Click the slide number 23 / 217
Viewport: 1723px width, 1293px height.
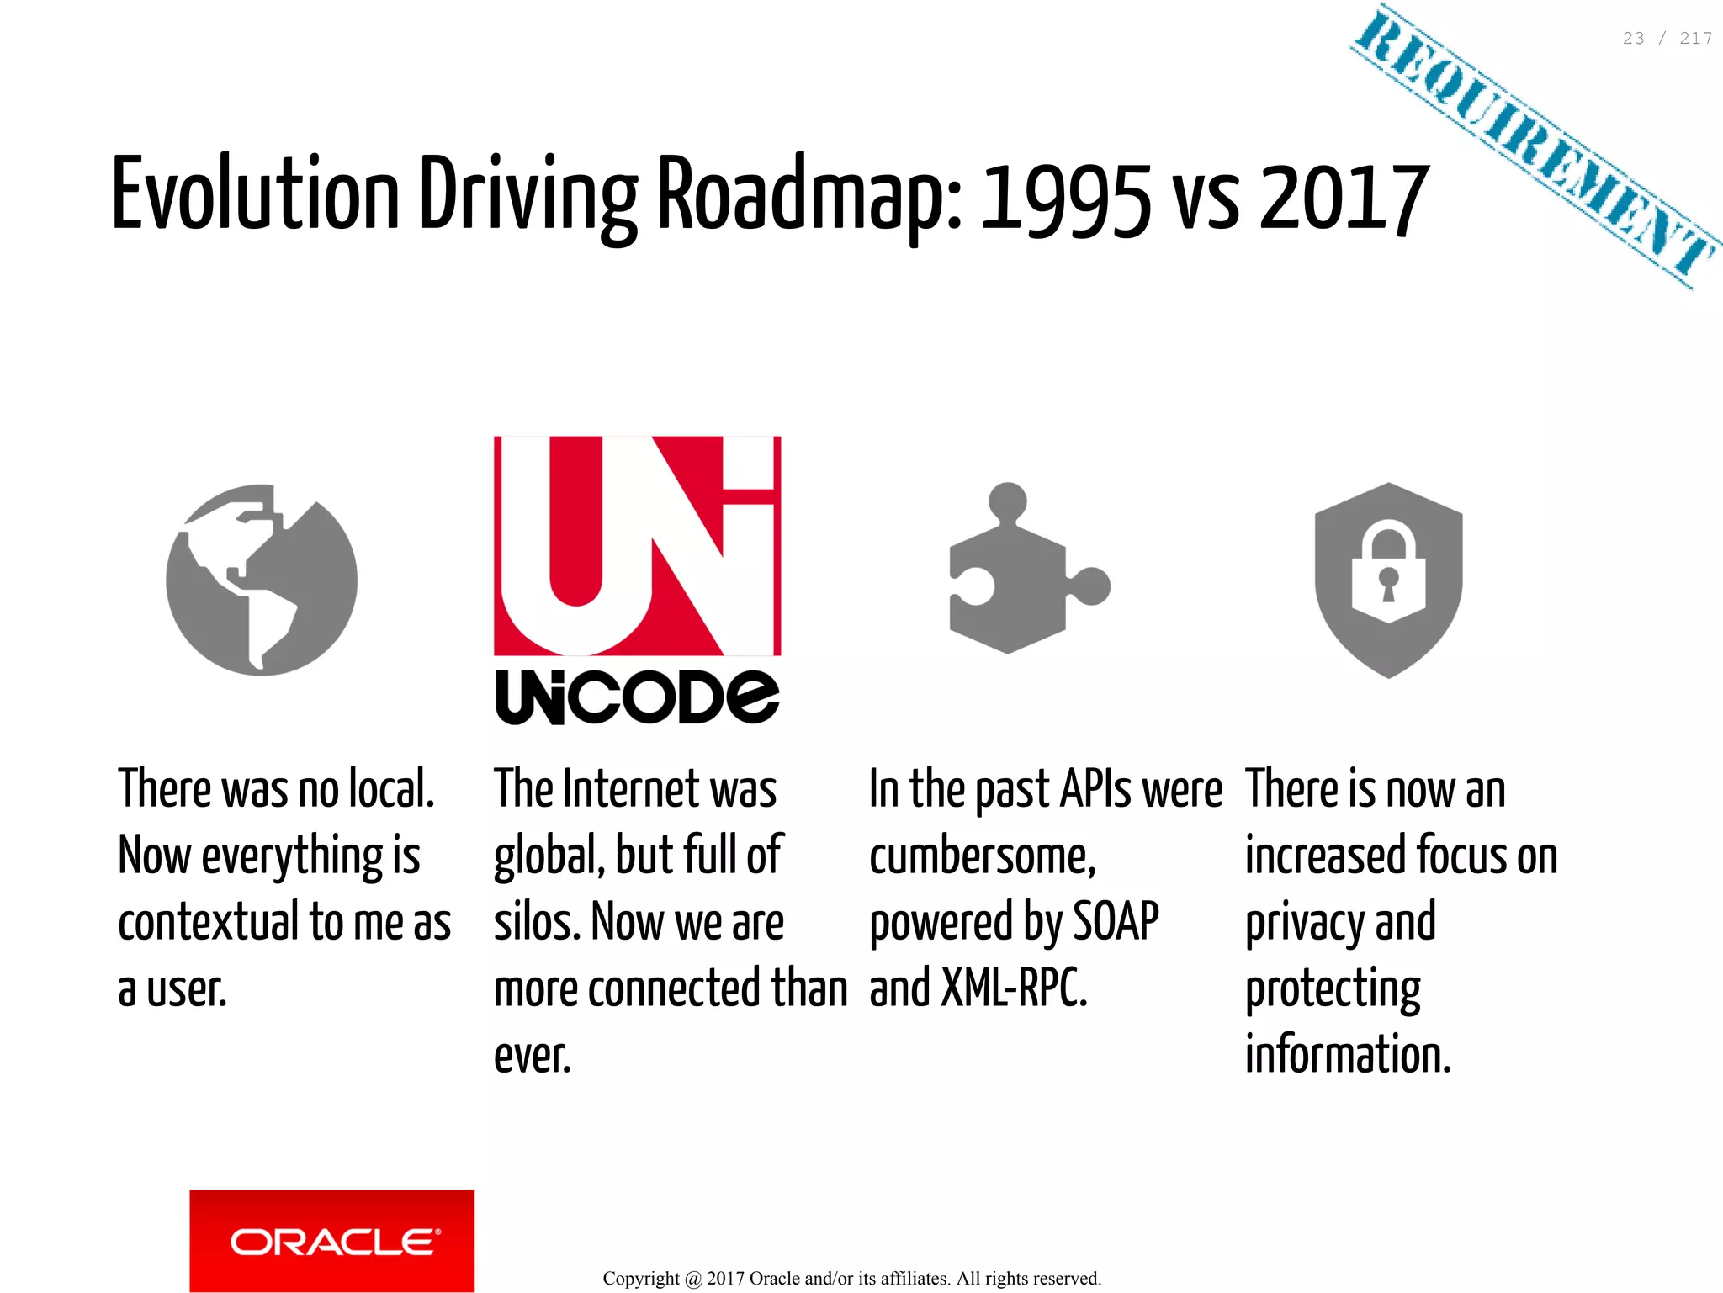[x=1667, y=39]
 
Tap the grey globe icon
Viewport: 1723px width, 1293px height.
[x=262, y=580]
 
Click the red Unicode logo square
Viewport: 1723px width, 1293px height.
[x=637, y=545]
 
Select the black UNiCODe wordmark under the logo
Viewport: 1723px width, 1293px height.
[x=637, y=697]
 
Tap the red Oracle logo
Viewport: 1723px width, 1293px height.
[x=331, y=1240]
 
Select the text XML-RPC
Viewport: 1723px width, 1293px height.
[x=1014, y=988]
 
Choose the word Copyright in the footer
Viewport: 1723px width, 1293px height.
[x=641, y=1279]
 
